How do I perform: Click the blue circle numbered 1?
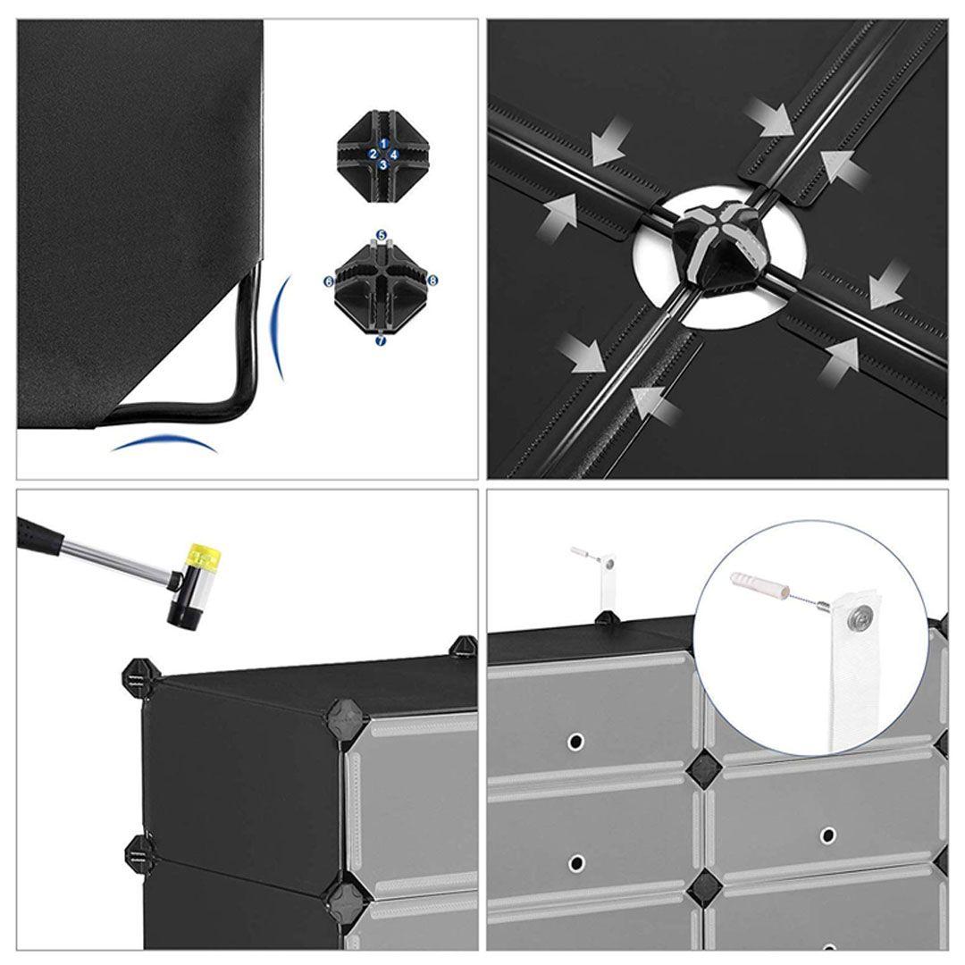point(383,143)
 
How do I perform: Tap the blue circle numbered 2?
point(373,154)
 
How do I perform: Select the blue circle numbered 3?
point(383,164)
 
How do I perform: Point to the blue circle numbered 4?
point(394,155)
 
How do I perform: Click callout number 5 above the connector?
point(382,235)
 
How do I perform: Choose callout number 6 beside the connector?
point(329,281)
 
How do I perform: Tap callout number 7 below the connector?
point(381,340)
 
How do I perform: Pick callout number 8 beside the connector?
point(432,281)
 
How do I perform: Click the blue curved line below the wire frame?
point(164,441)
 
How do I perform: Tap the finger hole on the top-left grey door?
point(576,739)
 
